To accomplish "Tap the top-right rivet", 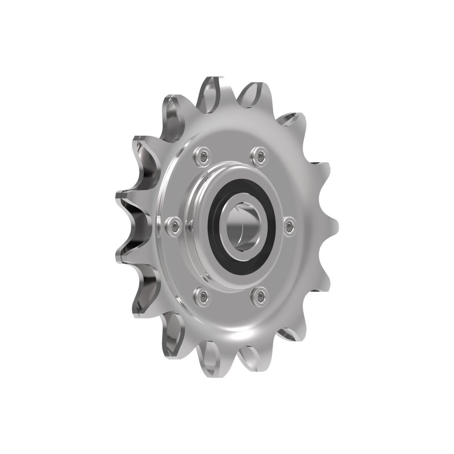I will pyautogui.click(x=259, y=154).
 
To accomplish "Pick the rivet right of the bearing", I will pyautogui.click(x=289, y=225).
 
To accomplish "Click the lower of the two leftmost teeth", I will pyautogui.click(x=121, y=257).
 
